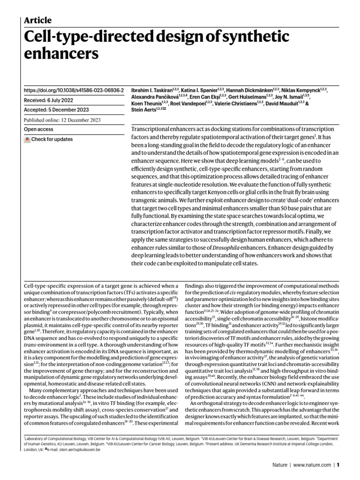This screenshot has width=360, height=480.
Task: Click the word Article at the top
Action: (37, 20)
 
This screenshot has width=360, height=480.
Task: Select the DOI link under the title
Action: (74, 89)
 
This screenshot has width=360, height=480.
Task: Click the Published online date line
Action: (62, 120)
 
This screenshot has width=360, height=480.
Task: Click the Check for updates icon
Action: (28, 139)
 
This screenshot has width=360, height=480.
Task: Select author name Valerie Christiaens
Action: (238, 102)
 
